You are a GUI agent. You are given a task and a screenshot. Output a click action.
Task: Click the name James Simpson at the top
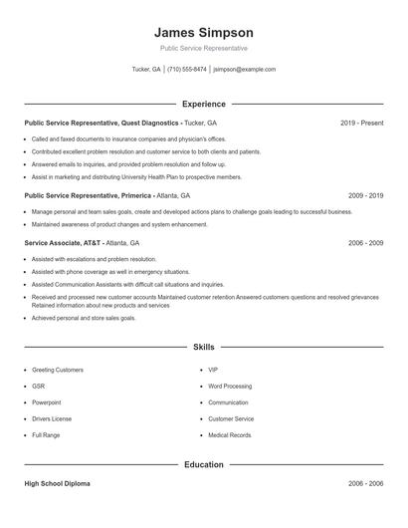pos(204,32)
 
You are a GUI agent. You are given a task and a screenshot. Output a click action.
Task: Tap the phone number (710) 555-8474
pos(187,70)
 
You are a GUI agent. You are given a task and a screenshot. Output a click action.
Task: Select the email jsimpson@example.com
pos(245,70)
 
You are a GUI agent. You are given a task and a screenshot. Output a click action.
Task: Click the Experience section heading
pos(204,104)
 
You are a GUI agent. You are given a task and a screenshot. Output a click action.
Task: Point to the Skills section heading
pos(204,347)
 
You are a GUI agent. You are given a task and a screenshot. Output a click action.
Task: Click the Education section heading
pos(204,464)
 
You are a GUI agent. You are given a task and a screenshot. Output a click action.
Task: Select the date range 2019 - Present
pos(361,123)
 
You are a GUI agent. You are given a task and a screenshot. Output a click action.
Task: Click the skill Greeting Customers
pos(58,370)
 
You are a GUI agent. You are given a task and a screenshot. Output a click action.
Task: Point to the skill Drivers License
pos(52,418)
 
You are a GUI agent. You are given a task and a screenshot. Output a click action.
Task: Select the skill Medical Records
pos(229,435)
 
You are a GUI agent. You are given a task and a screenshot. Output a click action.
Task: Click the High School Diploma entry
pos(57,483)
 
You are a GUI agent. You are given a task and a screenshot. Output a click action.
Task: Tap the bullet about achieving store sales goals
pos(84,318)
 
